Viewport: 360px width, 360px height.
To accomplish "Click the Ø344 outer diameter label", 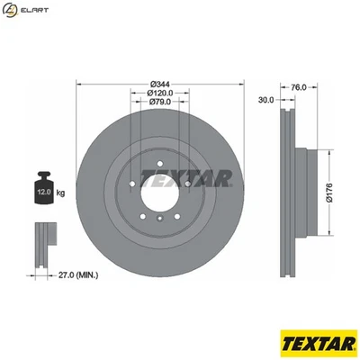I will click(159, 84).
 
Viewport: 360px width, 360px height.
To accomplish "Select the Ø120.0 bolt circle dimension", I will click(159, 93).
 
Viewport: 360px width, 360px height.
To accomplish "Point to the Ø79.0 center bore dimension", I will click(159, 102).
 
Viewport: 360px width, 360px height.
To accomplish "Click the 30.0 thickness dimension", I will click(266, 100).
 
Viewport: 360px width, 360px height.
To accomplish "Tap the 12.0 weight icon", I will click(42, 190).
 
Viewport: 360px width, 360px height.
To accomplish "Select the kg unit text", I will click(61, 193).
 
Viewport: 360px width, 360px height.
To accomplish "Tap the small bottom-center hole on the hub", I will click(159, 218).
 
